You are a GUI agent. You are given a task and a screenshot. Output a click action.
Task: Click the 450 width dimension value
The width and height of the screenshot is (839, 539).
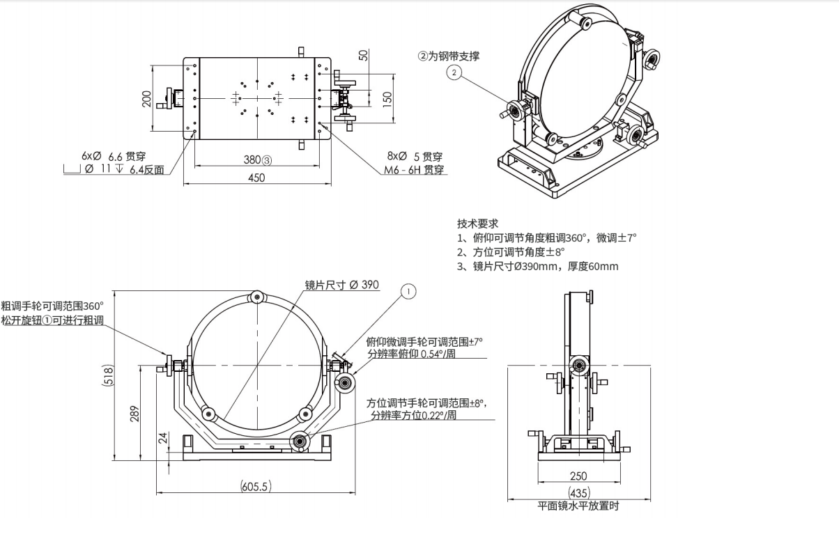pyautogui.click(x=256, y=178)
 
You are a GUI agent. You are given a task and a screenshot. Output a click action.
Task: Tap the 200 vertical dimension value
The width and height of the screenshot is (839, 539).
pyautogui.click(x=146, y=99)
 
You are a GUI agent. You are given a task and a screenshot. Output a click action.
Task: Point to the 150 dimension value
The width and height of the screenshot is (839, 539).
pyautogui.click(x=387, y=98)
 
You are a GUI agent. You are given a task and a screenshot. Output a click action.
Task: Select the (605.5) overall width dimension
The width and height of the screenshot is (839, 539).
pyautogui.click(x=256, y=486)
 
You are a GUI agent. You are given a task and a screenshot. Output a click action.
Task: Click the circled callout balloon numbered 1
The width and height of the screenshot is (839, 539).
pyautogui.click(x=408, y=291)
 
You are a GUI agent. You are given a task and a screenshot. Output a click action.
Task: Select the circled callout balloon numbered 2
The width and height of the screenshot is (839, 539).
pyautogui.click(x=454, y=72)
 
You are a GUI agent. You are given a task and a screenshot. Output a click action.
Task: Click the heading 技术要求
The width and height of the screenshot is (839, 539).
pyautogui.click(x=477, y=224)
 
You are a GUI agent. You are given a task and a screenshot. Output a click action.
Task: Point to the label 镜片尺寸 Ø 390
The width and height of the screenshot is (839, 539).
pyautogui.click(x=341, y=285)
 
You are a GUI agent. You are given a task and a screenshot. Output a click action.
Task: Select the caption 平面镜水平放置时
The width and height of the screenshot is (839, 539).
pyautogui.click(x=578, y=506)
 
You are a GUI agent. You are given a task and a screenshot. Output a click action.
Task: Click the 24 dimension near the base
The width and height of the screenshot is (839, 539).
pyautogui.click(x=163, y=438)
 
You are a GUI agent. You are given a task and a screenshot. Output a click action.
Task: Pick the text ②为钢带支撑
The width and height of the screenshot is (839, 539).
pyautogui.click(x=448, y=56)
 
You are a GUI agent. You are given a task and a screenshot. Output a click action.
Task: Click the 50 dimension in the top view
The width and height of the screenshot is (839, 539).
pyautogui.click(x=363, y=55)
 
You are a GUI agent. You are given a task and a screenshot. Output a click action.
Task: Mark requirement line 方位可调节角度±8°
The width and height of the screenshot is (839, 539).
pyautogui.click(x=511, y=252)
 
